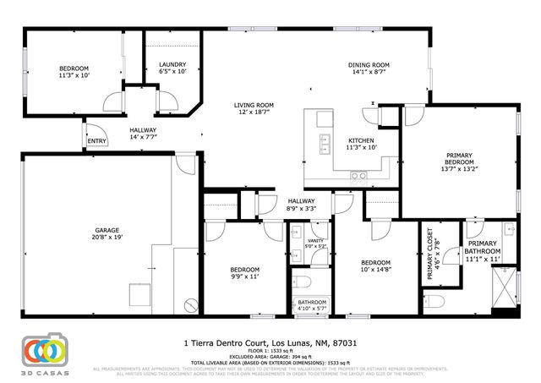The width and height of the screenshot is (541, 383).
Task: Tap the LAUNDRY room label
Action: click(x=172, y=65)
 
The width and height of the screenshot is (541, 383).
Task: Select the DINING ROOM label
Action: click(x=369, y=65)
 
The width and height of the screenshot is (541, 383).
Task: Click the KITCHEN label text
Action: click(x=362, y=141)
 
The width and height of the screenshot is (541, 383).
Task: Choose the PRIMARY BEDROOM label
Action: click(x=459, y=159)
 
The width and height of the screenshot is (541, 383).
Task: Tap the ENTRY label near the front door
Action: click(x=96, y=141)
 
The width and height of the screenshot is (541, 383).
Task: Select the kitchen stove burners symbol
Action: click(x=358, y=176)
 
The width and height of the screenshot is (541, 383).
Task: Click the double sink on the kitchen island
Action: click(x=324, y=145)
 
